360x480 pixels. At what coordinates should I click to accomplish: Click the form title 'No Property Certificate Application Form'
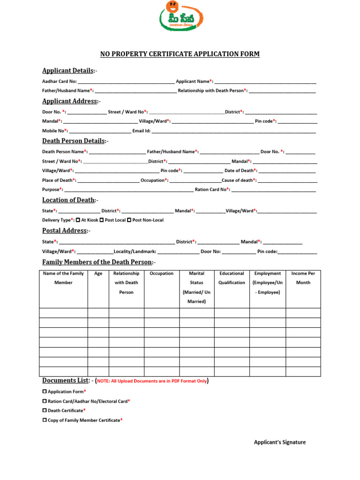(180, 54)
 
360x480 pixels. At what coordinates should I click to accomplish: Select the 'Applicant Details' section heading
(68, 71)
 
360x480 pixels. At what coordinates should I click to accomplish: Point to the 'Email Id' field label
(141, 131)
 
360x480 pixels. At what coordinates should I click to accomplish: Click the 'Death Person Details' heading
(74, 141)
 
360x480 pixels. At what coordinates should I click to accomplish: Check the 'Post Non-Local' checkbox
(129, 220)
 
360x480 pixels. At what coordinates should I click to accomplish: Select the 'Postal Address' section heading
(65, 231)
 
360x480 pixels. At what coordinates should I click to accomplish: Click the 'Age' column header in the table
(98, 274)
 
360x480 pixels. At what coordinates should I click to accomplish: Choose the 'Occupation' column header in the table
(162, 274)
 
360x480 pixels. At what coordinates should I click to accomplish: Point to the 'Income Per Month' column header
(303, 278)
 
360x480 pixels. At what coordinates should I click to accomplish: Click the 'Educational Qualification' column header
(232, 278)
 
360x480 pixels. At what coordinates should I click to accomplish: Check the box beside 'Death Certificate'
(45, 410)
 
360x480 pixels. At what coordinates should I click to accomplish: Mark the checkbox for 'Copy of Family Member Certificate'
(45, 420)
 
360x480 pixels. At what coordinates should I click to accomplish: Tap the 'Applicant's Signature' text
(280, 442)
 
